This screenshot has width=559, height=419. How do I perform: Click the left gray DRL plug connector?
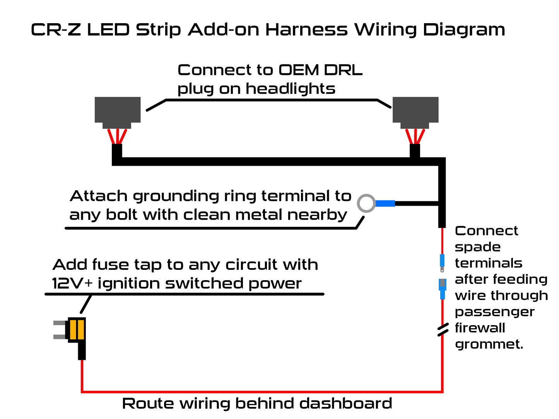118,110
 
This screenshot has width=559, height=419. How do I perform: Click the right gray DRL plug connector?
415,110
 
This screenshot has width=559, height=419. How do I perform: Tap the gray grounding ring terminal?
366,203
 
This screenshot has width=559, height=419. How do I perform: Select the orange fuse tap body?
77,329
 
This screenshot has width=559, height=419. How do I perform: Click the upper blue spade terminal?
442,262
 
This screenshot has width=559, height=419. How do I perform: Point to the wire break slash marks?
443,330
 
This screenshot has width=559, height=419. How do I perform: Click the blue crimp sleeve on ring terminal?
385,203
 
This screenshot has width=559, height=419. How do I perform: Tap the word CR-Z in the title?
56,30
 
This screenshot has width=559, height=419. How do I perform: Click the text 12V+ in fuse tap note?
72,283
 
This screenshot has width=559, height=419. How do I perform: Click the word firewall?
480,328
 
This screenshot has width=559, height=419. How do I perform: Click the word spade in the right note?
477,247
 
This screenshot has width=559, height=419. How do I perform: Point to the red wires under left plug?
117,136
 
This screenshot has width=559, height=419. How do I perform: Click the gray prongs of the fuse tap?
60,330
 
